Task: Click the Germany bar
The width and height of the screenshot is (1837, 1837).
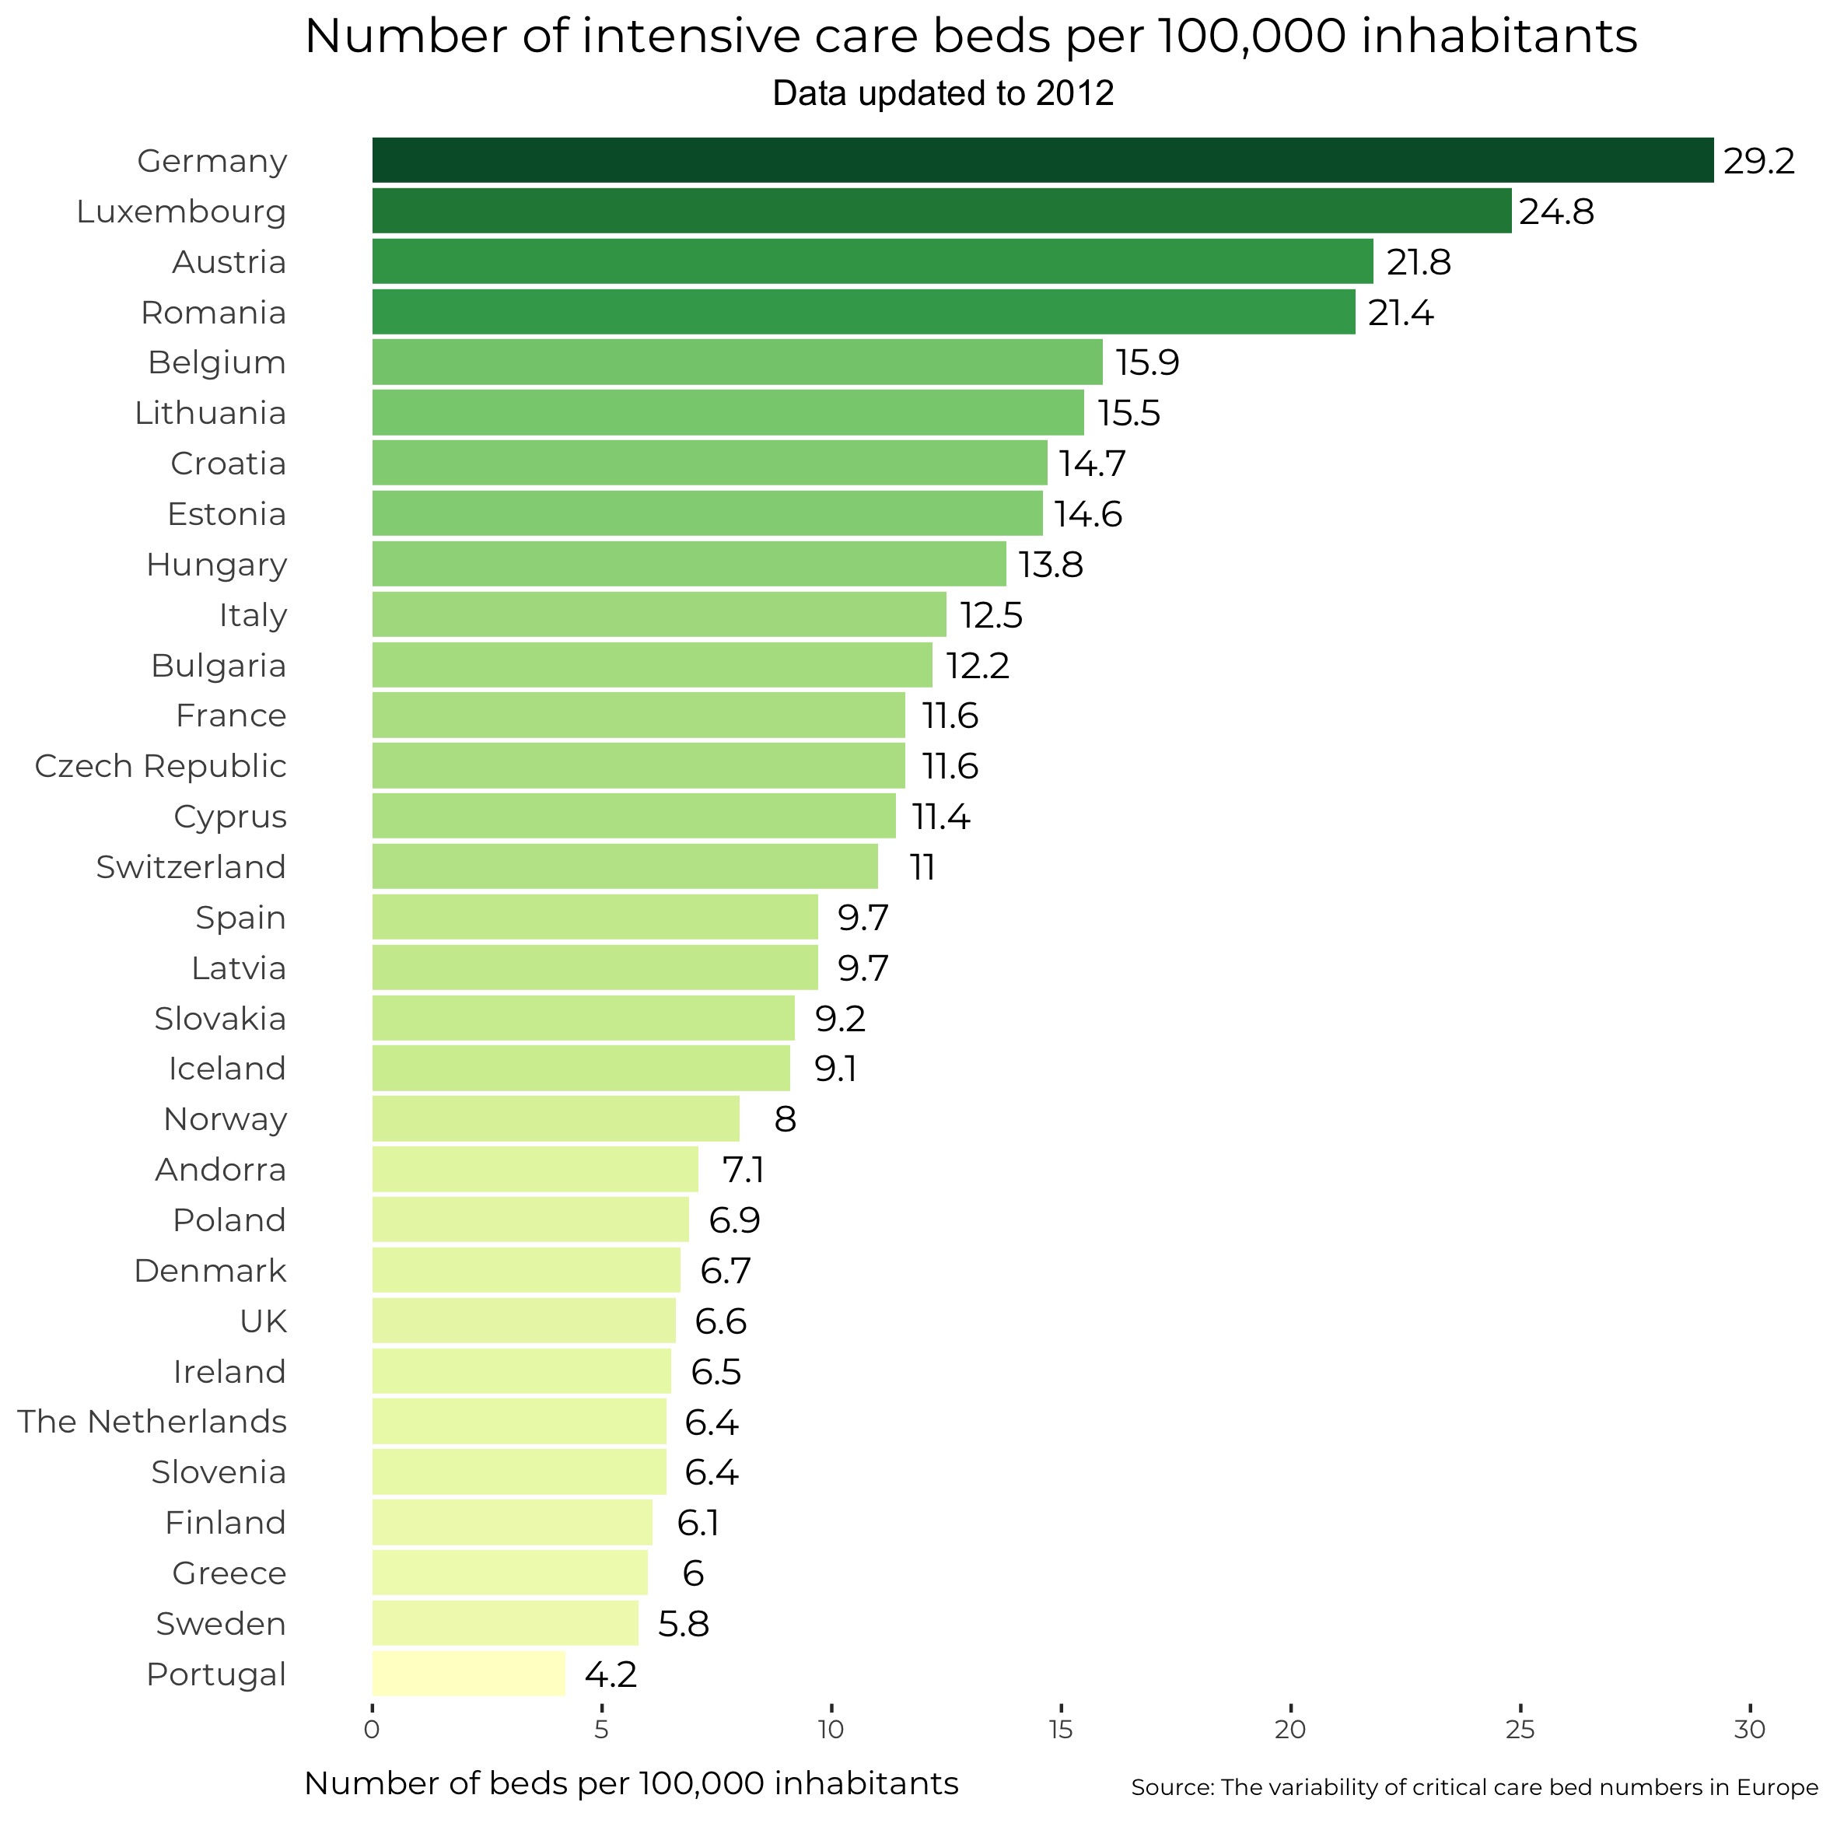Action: click(x=1041, y=159)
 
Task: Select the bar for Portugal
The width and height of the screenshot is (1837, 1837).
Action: click(x=468, y=1674)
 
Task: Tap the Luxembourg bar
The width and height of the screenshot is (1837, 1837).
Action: click(x=940, y=210)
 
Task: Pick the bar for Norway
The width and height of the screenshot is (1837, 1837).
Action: click(x=555, y=1118)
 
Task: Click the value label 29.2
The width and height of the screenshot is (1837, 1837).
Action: click(x=1758, y=162)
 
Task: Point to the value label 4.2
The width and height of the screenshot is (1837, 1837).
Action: click(x=611, y=1674)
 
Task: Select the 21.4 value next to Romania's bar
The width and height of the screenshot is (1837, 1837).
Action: click(x=1400, y=313)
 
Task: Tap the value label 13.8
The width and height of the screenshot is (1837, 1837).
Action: click(x=1050, y=565)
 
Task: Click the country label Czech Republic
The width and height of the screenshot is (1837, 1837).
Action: click(x=161, y=765)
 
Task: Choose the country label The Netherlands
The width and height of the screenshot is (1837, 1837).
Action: click(x=152, y=1422)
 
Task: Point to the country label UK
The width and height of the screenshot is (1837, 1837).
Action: click(x=264, y=1321)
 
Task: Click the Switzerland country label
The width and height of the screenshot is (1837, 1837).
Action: click(x=191, y=867)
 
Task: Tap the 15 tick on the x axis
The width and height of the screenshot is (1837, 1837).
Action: click(x=1060, y=1730)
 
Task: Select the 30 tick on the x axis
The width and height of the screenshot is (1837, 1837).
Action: click(x=1750, y=1730)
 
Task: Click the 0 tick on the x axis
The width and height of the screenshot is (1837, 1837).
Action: click(x=372, y=1730)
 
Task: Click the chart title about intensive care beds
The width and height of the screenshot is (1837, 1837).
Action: click(x=971, y=37)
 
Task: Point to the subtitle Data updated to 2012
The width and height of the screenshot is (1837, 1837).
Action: click(x=943, y=93)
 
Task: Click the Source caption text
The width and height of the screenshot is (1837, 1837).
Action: click(x=1474, y=1787)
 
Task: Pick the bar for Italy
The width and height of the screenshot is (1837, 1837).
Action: click(x=659, y=614)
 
